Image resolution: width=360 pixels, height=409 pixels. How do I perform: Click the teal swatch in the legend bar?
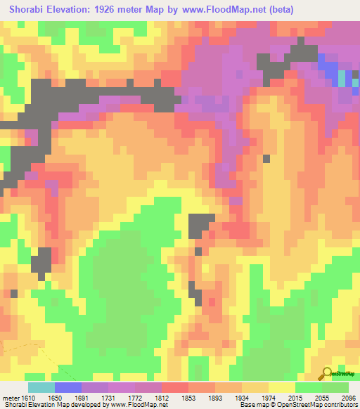pyautogui.click(x=41, y=387)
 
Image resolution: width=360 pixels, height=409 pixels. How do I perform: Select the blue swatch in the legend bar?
pyautogui.click(x=68, y=387)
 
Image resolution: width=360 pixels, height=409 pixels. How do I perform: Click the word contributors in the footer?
pyautogui.click(x=340, y=405)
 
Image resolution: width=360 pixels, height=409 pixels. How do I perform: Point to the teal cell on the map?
pyautogui.click(x=342, y=78)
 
